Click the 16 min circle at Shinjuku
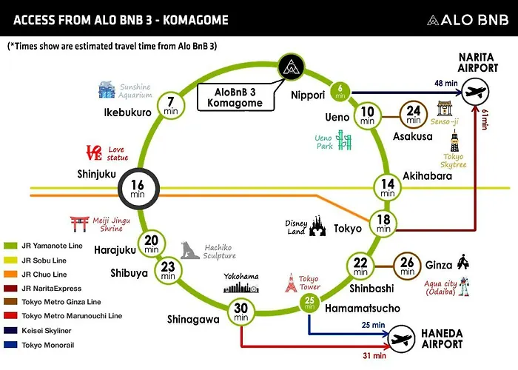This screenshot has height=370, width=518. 139,188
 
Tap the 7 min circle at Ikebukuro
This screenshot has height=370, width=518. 170,106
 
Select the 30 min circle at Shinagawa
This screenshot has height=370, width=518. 240,312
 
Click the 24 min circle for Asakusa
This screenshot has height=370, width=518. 413,115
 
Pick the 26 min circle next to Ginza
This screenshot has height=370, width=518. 407,266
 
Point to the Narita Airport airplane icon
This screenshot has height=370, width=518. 475,92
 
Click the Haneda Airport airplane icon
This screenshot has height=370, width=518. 401,339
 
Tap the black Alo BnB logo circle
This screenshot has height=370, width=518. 291,67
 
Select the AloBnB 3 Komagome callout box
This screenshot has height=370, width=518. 235,98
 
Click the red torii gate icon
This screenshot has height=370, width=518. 80,223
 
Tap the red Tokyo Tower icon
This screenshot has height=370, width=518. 291,283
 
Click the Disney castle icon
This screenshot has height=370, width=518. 317,226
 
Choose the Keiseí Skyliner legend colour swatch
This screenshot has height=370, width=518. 10,330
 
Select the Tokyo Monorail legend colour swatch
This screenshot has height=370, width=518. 10,345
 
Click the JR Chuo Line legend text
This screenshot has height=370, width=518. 44,275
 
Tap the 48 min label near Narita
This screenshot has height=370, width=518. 446,83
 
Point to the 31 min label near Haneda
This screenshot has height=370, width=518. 374,355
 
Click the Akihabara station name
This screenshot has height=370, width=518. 427,176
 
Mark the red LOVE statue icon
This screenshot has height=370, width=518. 94,152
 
